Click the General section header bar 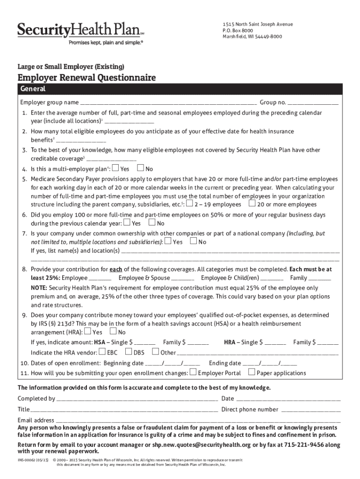(x=180, y=89)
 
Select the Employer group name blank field (x=168, y=102)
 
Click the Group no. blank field (x=313, y=102)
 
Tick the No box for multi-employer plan (x=140, y=168)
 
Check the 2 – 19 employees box (x=189, y=203)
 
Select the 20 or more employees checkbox (x=252, y=203)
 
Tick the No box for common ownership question (x=193, y=241)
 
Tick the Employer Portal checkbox (x=193, y=372)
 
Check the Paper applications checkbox (x=252, y=372)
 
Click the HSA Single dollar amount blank (x=145, y=342)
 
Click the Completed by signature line (x=137, y=399)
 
